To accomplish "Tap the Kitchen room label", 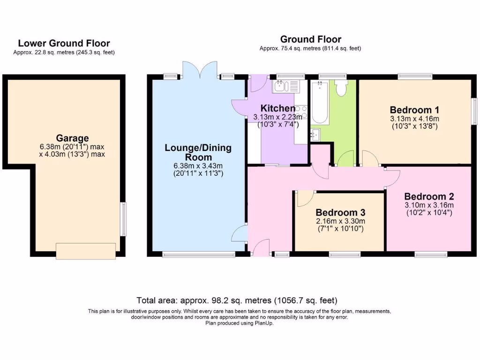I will point(278,109).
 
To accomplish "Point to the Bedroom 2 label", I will point(429,196).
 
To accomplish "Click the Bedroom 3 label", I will point(340,212).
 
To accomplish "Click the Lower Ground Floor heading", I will point(64,44).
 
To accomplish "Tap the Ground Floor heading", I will point(311,39).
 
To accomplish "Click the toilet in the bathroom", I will point(341,88).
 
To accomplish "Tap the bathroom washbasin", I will point(315,134).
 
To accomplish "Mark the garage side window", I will point(123,218).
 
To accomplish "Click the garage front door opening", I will point(85,250).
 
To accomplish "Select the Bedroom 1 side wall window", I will point(474,112).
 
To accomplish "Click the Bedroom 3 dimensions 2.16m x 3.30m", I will point(340,221).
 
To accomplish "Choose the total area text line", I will point(237,300).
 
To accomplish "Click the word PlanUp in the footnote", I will point(264,323).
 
